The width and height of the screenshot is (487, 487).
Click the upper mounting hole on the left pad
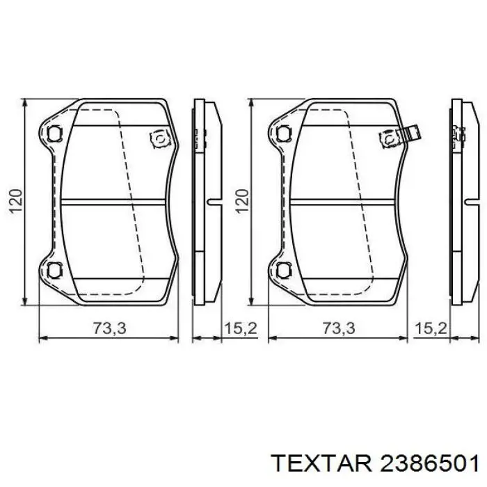(x=54, y=133)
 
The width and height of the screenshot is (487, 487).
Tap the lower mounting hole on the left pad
(x=54, y=269)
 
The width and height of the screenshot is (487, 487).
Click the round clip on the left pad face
(x=159, y=139)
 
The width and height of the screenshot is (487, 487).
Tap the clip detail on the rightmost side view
(x=458, y=132)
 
